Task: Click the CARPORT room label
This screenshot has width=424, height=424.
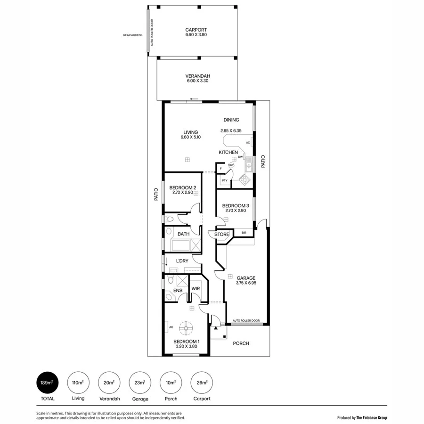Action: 196,29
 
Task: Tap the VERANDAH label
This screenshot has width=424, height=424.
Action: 198,76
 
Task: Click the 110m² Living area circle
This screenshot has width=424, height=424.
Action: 78,383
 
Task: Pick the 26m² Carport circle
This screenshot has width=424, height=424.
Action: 202,383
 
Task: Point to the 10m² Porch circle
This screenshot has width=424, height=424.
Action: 171,383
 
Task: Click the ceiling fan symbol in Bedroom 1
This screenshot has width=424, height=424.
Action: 188,326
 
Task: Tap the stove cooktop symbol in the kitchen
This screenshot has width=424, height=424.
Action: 245,179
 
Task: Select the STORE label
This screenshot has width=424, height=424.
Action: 221,234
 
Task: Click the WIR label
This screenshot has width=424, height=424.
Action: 196,289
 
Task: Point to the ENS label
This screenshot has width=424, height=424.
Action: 178,291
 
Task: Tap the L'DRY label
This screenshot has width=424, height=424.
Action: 182,261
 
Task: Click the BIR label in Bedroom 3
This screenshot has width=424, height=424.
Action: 244,233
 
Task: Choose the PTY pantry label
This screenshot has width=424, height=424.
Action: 225,180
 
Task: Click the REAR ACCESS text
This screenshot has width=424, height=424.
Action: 132,35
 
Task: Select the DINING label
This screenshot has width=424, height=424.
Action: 231,120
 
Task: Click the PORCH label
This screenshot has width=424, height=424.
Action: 241,343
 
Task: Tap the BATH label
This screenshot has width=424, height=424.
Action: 183,234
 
